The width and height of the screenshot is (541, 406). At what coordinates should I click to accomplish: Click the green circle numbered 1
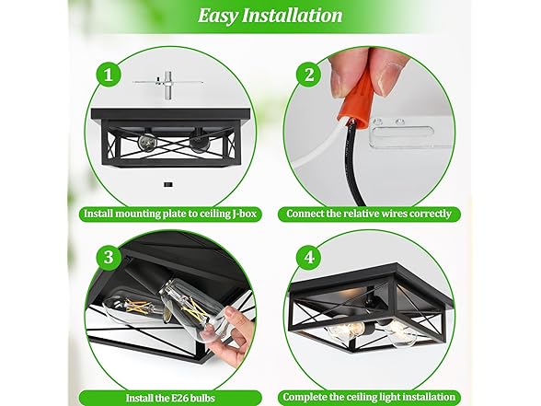pos(109,75)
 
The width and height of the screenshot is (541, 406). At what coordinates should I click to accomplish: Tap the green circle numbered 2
pos(309,75)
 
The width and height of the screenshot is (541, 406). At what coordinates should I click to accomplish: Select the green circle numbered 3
pos(109,258)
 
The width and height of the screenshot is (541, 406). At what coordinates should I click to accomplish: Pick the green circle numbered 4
pos(309,258)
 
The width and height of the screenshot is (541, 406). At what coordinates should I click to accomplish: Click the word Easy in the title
pos(218,16)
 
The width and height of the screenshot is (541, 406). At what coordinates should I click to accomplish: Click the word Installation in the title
pos(293,16)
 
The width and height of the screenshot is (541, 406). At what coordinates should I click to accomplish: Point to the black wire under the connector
pos(351,162)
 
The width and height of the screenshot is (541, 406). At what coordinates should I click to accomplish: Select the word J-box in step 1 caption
pos(244,214)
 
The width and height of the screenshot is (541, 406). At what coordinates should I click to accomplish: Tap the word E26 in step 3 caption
pos(179,398)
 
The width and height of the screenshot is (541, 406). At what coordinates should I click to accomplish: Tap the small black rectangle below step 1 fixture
pos(167,185)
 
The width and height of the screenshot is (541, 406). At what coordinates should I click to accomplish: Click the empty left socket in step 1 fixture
pos(146,141)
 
